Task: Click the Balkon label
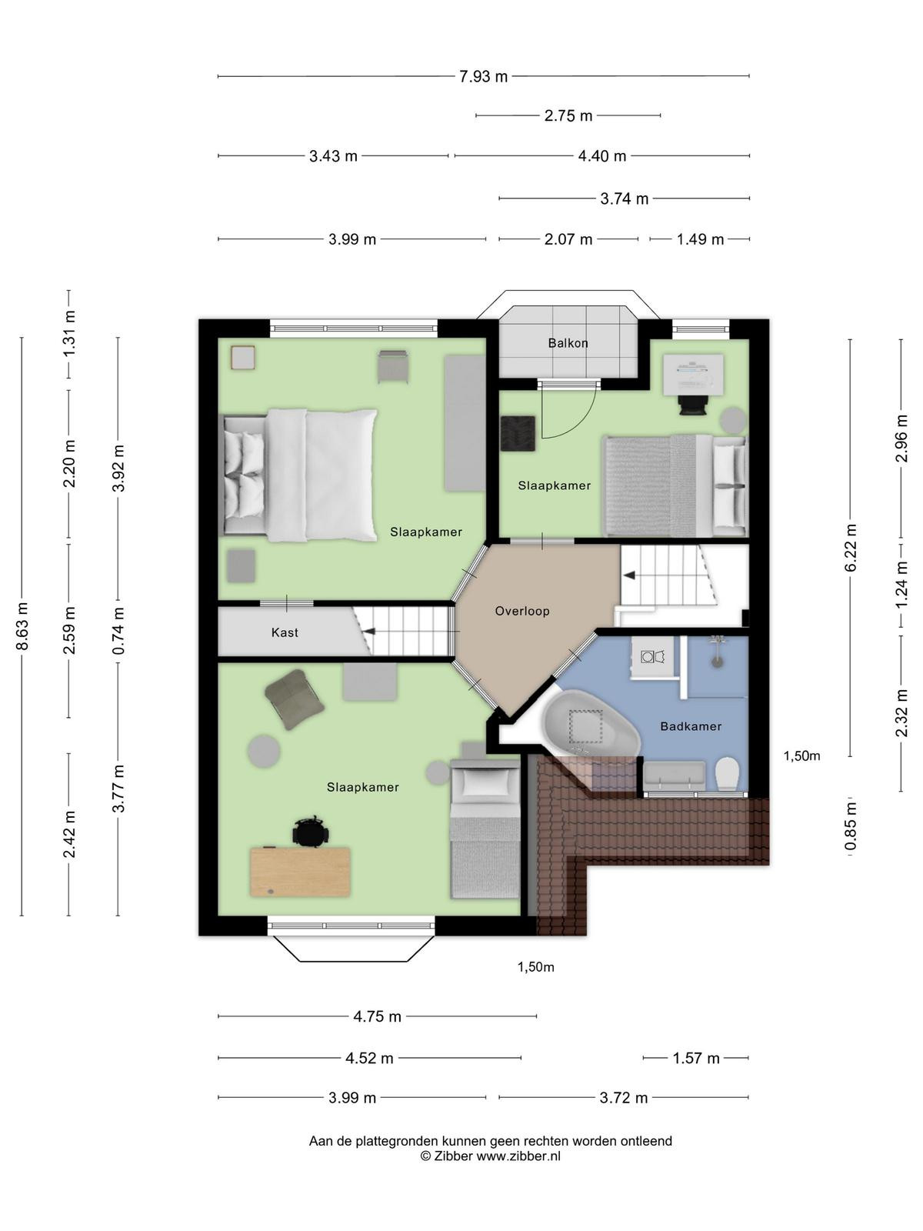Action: point(568,343)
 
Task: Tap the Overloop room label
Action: point(521,611)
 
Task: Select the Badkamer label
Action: point(691,726)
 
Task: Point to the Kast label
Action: point(285,632)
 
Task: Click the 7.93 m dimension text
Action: point(483,76)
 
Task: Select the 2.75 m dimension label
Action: point(568,115)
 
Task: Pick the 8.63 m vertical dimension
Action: point(22,626)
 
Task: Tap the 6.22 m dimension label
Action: point(850,547)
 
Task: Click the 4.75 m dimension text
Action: point(377,1016)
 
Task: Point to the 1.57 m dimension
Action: point(695,1058)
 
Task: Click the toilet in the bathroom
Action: point(728,775)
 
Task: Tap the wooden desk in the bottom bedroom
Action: point(301,872)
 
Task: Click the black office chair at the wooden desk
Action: point(311,832)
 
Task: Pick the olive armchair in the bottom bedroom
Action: point(295,699)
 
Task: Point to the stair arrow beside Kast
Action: point(368,632)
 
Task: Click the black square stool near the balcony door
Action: point(518,433)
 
